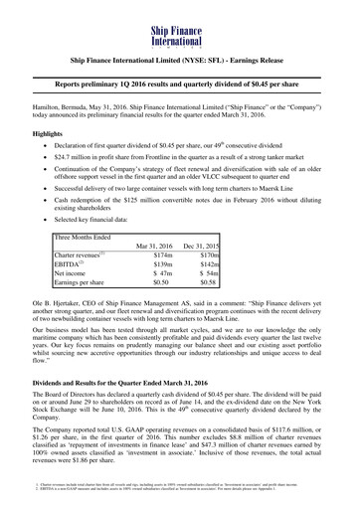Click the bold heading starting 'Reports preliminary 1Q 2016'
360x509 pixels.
pos(180,86)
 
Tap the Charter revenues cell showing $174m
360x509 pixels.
pos(163,282)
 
